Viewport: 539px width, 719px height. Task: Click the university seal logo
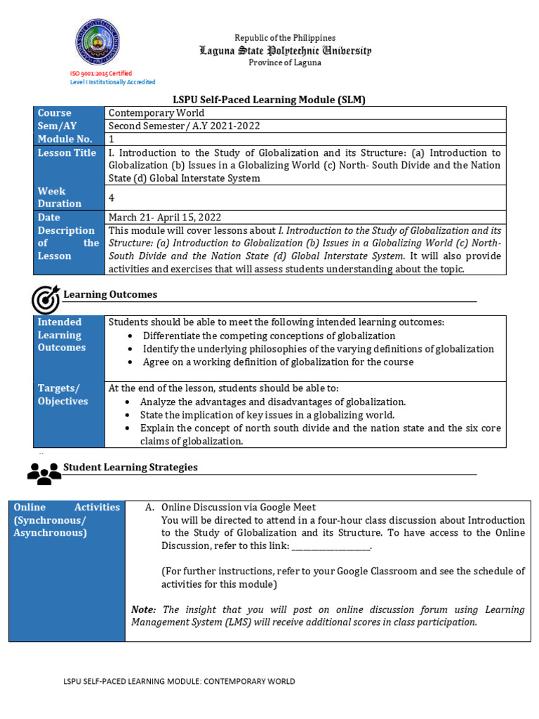(97, 42)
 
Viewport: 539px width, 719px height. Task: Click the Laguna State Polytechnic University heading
(285, 51)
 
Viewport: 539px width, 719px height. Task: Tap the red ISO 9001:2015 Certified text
(100, 73)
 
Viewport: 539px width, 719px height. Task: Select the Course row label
(55, 113)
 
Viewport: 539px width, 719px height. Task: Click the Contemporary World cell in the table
(156, 113)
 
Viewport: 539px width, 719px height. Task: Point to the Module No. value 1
(112, 139)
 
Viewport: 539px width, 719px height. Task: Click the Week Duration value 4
(112, 197)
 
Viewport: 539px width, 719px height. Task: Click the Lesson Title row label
(67, 152)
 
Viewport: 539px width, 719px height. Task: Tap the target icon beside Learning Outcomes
(46, 299)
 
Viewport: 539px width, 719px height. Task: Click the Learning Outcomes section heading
(110, 294)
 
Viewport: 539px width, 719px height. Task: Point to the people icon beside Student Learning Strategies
(44, 473)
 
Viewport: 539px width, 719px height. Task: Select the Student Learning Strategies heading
(131, 467)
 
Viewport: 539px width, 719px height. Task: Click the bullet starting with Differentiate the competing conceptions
(269, 336)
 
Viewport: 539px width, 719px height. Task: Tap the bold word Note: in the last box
(143, 609)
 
